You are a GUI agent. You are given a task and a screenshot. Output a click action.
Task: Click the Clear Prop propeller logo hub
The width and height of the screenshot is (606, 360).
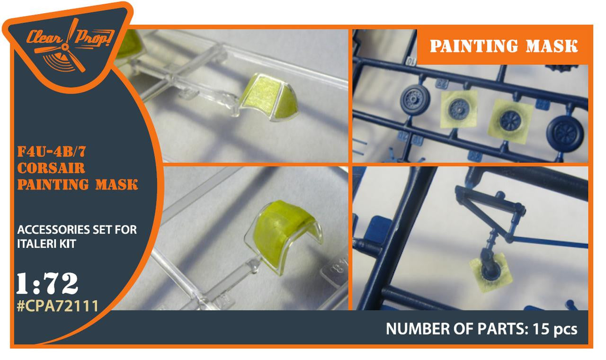tap(65, 48)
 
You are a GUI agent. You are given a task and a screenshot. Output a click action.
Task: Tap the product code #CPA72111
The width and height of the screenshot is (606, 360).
tap(57, 306)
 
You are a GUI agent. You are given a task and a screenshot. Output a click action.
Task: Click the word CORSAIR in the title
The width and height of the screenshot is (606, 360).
tap(51, 168)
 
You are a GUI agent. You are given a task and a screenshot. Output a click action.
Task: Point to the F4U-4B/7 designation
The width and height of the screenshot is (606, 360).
tap(52, 152)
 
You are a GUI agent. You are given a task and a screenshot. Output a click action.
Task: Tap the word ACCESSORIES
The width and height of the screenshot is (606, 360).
tap(53, 230)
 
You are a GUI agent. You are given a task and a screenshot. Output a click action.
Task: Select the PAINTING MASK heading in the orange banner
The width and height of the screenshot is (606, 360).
tap(504, 46)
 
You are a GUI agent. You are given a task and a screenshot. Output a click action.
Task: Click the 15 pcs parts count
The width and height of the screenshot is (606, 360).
tap(555, 329)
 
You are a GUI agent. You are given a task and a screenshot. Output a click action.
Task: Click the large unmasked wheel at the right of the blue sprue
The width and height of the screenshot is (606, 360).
tap(565, 134)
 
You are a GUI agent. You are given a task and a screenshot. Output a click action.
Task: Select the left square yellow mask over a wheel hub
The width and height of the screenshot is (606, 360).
tap(459, 109)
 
